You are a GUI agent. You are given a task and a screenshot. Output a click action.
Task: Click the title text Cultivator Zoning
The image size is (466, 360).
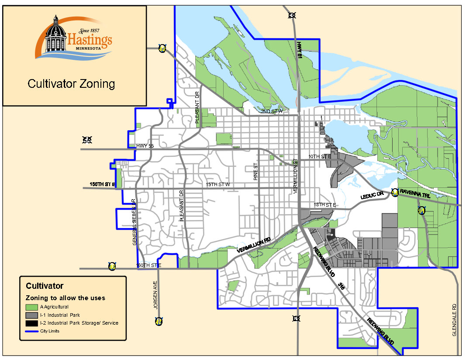coord(71,83)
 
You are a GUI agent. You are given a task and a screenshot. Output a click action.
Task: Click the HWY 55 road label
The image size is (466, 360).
coord(145,146)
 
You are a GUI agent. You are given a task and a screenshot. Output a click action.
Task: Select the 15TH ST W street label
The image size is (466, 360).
coord(218,185)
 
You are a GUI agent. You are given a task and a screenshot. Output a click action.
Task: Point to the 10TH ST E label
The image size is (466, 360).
coord(319,156)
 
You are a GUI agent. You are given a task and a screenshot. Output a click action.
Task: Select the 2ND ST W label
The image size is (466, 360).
coord(272,111)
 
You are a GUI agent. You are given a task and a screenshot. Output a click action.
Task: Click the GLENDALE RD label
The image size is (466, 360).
coord(454,319)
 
